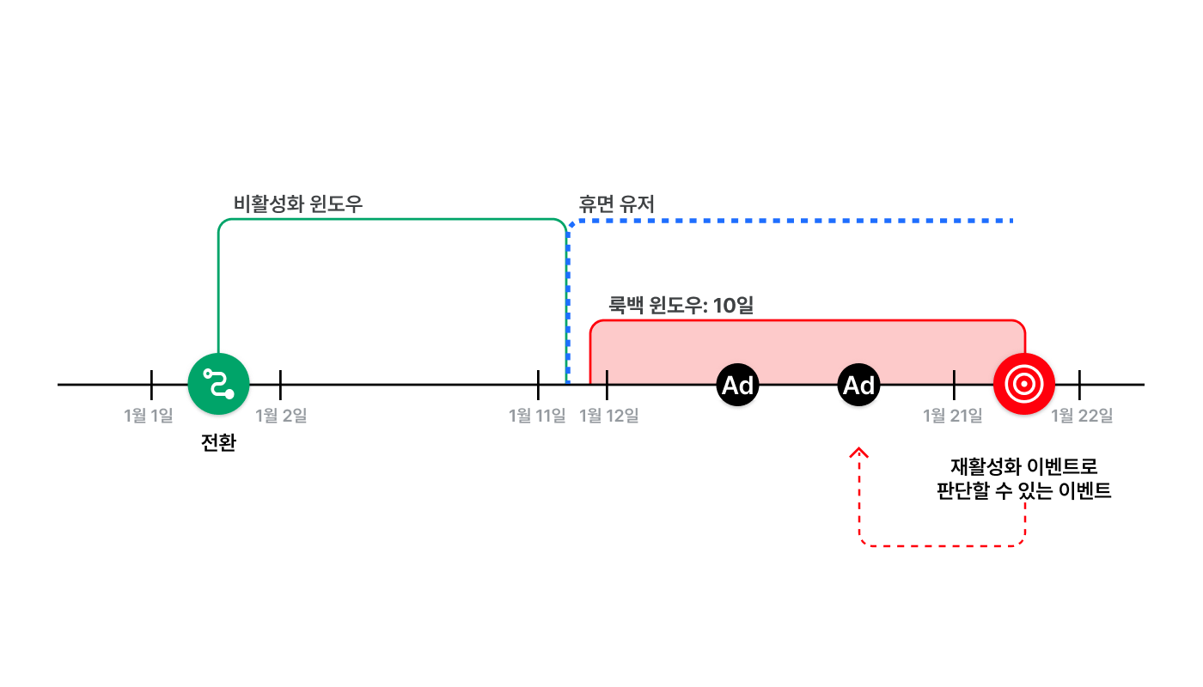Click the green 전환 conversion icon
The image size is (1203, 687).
tap(218, 384)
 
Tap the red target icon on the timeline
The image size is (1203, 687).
tap(1024, 384)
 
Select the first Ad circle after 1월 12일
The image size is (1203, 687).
tap(737, 385)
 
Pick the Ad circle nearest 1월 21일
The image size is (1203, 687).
tap(858, 385)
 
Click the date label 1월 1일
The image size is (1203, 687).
tap(148, 416)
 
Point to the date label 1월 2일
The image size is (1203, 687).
tap(281, 416)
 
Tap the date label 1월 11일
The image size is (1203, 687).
tap(537, 416)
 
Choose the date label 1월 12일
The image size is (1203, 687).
tap(609, 416)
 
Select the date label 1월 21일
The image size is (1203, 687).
tap(953, 416)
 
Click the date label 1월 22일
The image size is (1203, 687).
tap(1082, 416)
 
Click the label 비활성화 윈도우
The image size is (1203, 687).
tap(298, 204)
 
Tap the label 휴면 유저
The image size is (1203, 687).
tap(617, 204)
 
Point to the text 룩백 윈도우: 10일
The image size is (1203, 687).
tap(681, 306)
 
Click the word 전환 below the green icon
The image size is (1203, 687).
tap(218, 443)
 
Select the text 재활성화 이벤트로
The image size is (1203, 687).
tap(1024, 466)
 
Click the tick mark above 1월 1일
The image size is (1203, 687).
tap(151, 385)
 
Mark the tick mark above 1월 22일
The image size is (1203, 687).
tap(1079, 385)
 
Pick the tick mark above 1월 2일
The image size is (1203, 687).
tap(280, 385)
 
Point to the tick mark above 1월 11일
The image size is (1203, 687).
tap(538, 385)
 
